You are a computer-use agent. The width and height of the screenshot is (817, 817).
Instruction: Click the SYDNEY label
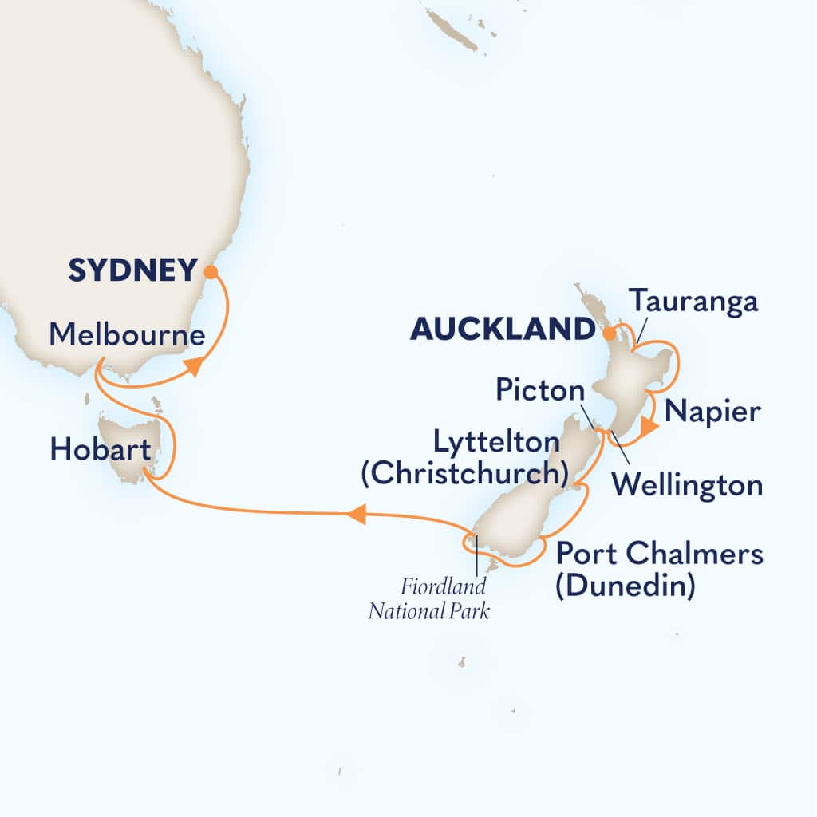point(132,271)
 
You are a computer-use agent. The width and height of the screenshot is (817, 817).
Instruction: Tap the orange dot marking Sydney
point(210,271)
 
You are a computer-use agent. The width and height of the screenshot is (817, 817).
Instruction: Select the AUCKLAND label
point(503,329)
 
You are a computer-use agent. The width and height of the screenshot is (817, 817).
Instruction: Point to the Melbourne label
point(127,335)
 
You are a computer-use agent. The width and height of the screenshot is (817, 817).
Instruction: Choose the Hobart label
point(100,452)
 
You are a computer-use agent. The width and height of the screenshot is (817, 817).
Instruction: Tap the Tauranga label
point(693,302)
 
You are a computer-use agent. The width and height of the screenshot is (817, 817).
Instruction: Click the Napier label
point(712,412)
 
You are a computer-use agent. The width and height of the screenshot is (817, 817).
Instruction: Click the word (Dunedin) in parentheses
point(625,586)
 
